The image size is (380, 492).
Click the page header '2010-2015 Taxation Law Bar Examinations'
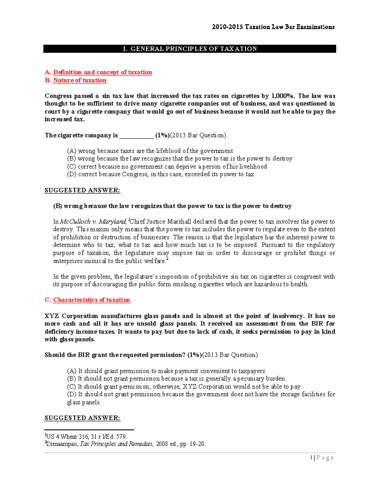click(273, 27)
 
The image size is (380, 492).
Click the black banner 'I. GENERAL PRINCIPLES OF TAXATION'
click(189, 49)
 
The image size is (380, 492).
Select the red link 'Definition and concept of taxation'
click(102, 72)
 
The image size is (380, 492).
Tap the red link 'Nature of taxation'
click(79, 80)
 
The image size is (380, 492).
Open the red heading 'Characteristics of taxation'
click(92, 300)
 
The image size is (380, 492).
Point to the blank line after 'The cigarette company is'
click(136, 136)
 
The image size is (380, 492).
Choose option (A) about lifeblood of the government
click(150, 151)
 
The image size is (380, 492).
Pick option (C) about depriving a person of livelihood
click(167, 167)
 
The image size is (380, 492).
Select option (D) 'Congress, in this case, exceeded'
click(161, 174)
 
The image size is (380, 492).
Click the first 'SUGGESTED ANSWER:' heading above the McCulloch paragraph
click(82, 190)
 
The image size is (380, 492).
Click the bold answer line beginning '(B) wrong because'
click(172, 206)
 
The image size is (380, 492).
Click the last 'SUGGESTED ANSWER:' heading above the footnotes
click(82, 418)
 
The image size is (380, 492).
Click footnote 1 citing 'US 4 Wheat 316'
click(86, 437)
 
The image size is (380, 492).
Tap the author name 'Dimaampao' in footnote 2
click(62, 444)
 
